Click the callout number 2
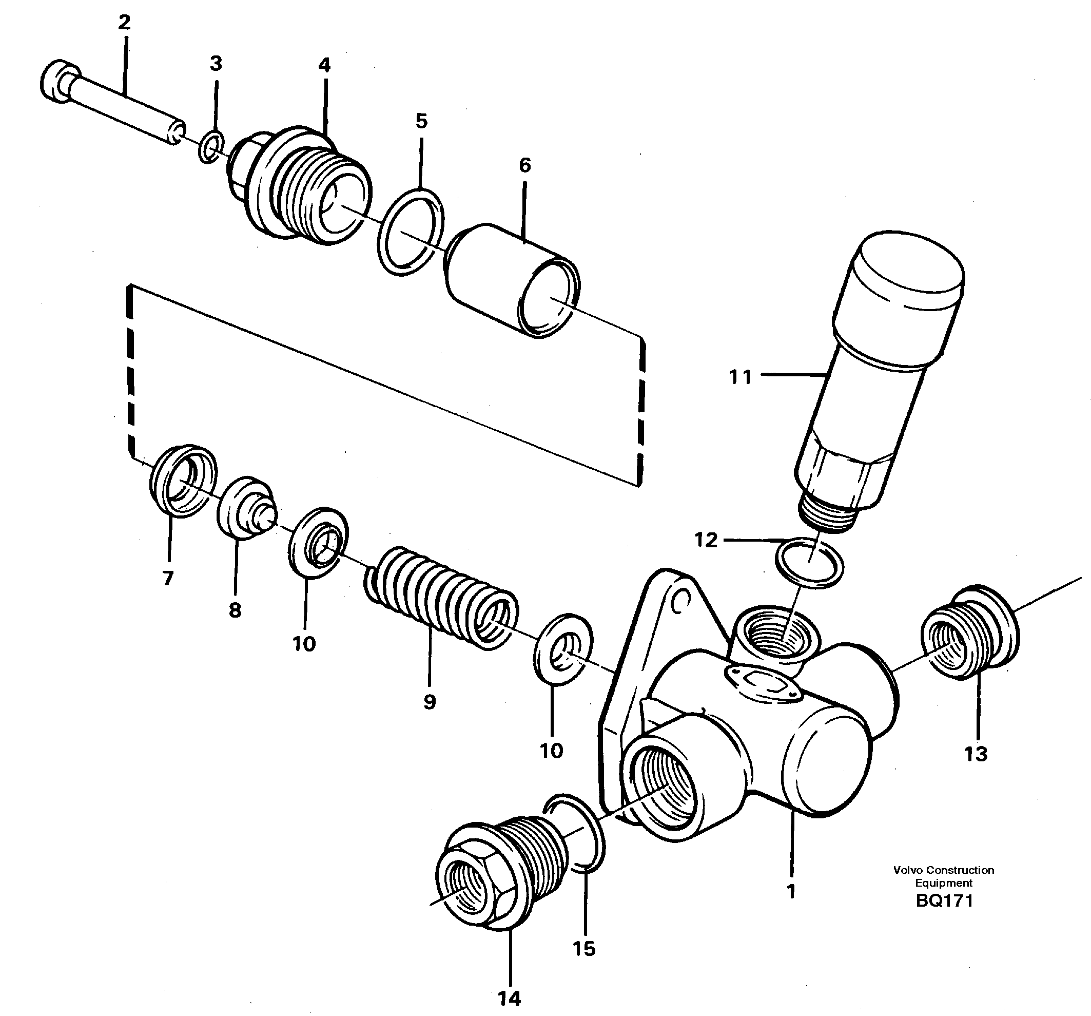click(125, 23)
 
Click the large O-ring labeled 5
click(411, 232)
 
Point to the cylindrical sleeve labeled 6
click(511, 280)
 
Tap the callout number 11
click(740, 378)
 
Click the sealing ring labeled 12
click(809, 563)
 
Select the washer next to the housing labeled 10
click(563, 649)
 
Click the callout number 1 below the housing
click(791, 891)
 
